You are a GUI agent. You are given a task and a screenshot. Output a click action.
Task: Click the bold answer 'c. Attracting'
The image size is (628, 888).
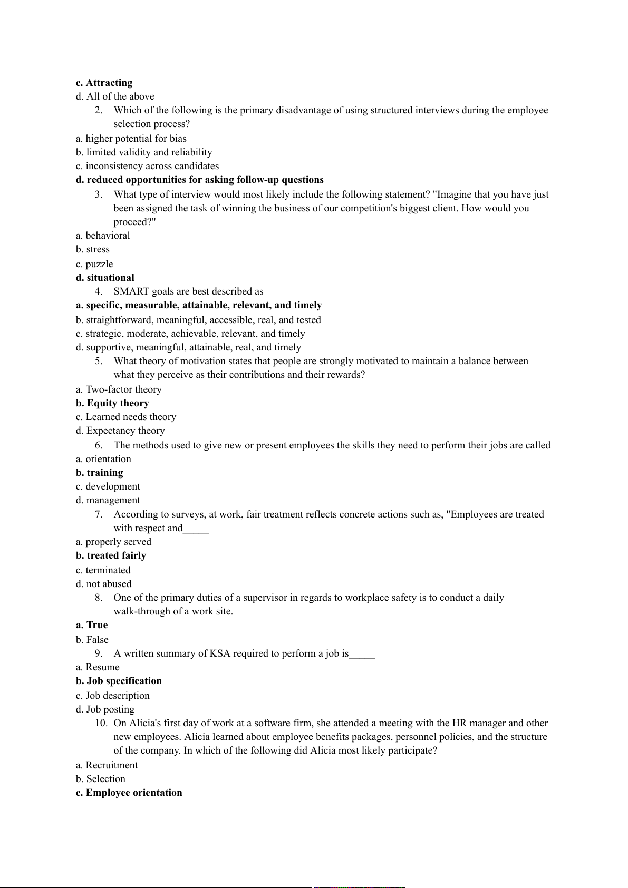pos(104,83)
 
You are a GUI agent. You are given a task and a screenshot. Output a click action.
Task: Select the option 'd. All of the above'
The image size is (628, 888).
pos(115,96)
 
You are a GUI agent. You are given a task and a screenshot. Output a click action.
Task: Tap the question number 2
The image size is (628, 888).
pos(99,110)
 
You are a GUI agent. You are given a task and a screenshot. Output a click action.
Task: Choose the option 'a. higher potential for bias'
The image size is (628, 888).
pos(131,139)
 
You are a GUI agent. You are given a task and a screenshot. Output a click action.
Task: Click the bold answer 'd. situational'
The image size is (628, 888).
pos(105,278)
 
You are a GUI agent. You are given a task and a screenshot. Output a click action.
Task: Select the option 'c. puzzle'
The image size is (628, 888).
pos(94,264)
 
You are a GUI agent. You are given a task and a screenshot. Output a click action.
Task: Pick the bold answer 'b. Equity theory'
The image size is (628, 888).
pos(112,403)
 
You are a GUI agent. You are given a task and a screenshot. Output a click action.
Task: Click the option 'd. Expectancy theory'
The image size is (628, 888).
pos(120,431)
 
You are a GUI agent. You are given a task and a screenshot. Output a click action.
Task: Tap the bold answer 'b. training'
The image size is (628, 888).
pos(99,473)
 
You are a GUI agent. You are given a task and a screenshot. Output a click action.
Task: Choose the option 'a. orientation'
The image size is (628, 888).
pos(103,459)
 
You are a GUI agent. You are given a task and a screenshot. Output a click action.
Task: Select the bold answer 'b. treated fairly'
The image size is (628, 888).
pos(111,555)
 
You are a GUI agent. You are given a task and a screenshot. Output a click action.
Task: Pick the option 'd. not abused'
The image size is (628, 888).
pos(103,584)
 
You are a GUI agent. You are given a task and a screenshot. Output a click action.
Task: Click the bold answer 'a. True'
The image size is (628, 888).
pos(92,625)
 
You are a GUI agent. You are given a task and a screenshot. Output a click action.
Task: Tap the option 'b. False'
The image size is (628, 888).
pos(92,640)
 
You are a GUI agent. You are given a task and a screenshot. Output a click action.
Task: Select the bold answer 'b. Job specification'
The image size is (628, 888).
pos(119,681)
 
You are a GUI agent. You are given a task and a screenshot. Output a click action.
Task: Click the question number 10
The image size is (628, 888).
pos(101,723)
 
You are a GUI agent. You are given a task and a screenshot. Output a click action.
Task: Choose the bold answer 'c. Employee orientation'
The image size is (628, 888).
pos(129,793)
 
